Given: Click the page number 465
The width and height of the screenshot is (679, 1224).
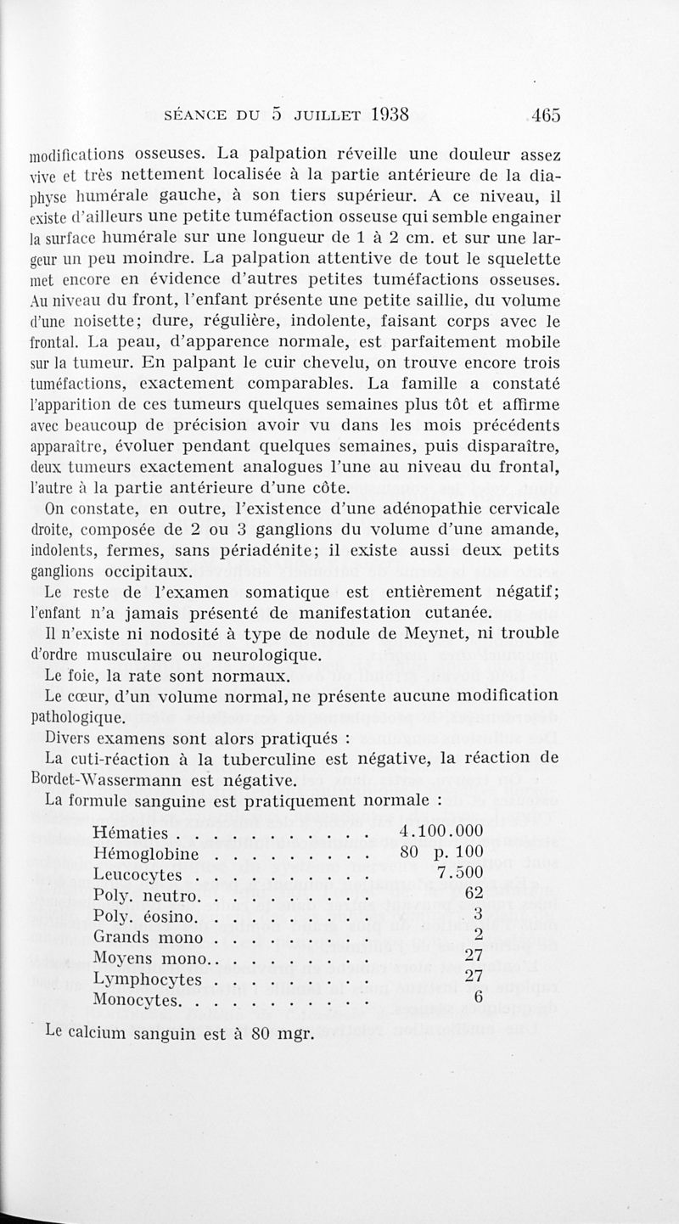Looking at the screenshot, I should coord(543,115).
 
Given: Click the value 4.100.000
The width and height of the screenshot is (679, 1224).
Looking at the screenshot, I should coord(441,830).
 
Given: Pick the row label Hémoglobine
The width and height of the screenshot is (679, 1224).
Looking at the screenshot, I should coord(145,852).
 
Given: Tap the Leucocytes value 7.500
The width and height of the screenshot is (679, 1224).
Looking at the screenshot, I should coord(460,873).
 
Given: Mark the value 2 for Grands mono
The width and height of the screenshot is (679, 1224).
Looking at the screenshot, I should coord(478,935).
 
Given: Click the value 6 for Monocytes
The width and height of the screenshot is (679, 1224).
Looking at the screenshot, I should coord(478,998).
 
